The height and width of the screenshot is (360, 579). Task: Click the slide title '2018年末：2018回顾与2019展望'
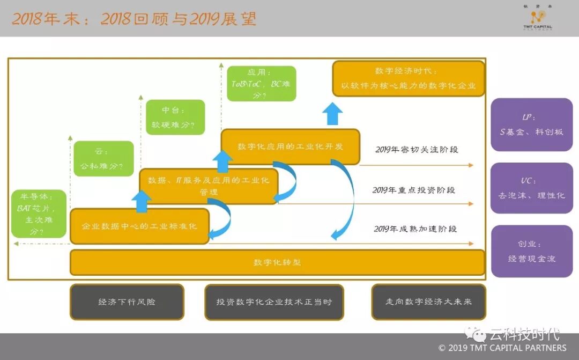(x=134, y=19)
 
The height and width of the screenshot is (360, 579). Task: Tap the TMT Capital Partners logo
(x=537, y=19)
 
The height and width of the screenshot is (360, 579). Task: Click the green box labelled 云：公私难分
(x=103, y=159)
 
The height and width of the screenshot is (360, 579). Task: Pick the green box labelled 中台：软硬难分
(x=175, y=117)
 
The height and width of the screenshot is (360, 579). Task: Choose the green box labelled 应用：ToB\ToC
(x=262, y=83)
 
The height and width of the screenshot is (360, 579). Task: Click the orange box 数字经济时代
(x=408, y=78)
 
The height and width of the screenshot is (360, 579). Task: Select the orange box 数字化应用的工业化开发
(x=290, y=146)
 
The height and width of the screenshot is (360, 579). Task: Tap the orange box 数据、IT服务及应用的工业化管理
(x=209, y=186)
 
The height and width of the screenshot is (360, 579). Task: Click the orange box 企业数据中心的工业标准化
(x=139, y=226)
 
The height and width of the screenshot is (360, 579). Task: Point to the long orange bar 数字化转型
(x=277, y=262)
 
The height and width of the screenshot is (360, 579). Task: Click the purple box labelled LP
(x=531, y=124)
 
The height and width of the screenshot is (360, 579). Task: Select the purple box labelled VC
(x=531, y=188)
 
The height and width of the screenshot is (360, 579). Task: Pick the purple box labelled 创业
(x=531, y=251)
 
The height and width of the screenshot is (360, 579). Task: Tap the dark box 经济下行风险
(x=127, y=302)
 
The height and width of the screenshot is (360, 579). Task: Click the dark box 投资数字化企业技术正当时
(x=274, y=302)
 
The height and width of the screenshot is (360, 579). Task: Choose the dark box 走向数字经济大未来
(x=428, y=302)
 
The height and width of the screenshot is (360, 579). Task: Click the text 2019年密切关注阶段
(x=417, y=150)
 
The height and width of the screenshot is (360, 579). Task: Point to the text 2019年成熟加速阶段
(x=415, y=229)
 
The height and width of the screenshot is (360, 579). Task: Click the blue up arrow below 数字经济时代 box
(x=332, y=113)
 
